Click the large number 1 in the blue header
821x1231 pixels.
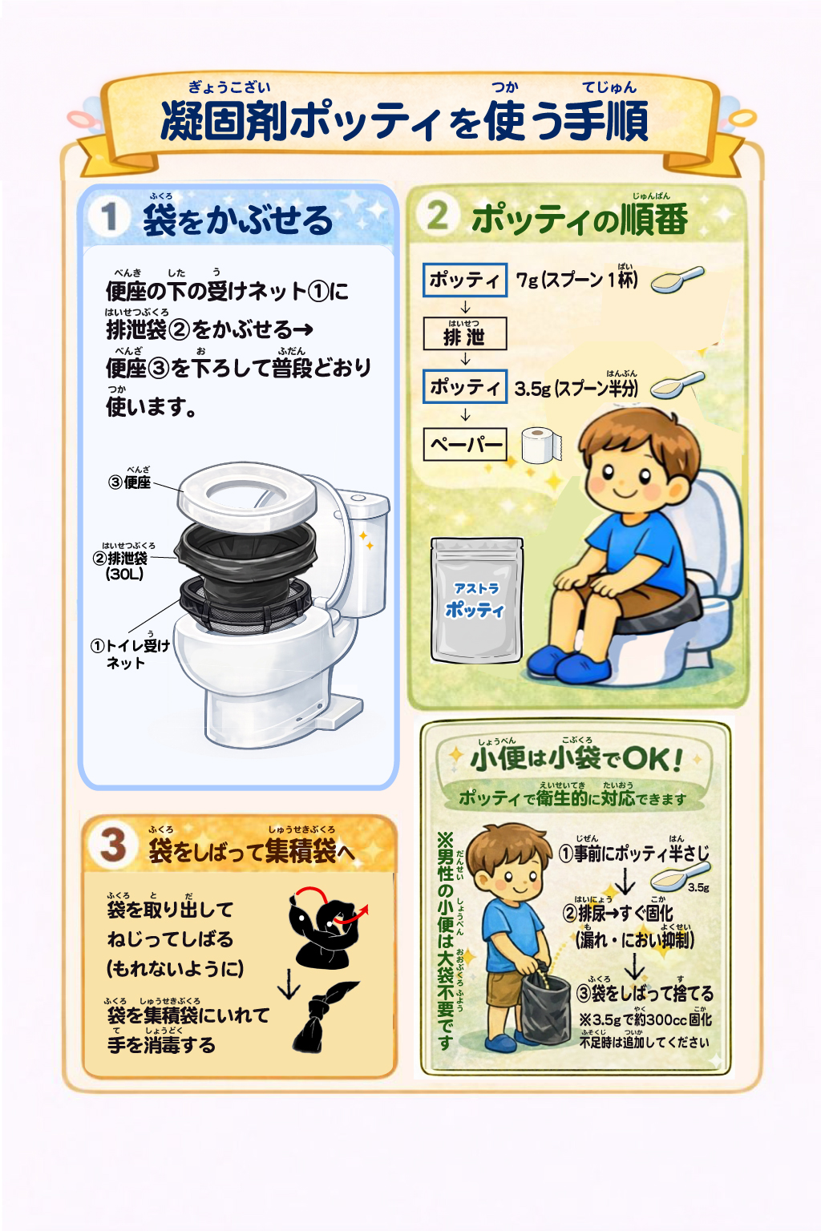coord(109,217)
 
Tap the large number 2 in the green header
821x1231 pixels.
coord(437,215)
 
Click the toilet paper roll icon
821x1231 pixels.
coord(541,445)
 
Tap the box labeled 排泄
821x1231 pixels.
coord(465,334)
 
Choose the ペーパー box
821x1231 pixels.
coord(465,444)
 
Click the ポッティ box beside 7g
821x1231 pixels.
coord(465,281)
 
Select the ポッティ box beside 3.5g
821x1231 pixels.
coord(465,387)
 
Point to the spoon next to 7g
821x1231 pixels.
coord(677,280)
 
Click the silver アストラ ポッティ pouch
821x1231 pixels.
coord(477,600)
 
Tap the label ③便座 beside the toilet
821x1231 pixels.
coord(130,482)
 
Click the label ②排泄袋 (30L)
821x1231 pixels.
coord(120,566)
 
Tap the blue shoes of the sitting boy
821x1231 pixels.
coord(569,664)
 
